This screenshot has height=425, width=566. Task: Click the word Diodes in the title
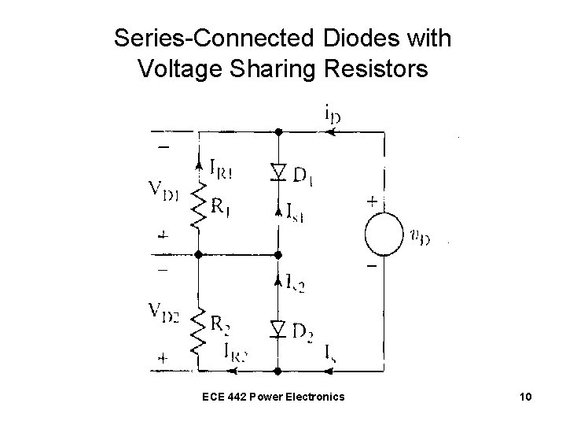pos(360,38)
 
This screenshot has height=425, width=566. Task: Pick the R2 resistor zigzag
pos(198,331)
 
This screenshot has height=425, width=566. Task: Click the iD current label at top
pos(332,114)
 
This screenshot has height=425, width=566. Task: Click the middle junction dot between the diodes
pos(278,254)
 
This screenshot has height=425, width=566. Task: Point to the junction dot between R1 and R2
pos(198,254)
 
